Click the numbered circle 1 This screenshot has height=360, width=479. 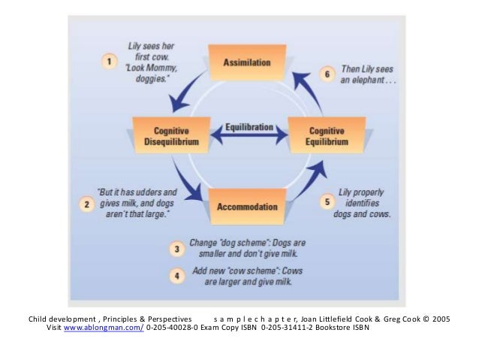pos(108,59)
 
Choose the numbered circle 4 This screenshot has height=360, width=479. pos(175,275)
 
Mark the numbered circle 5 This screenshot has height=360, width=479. pos(326,201)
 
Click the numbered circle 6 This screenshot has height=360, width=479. pos(326,73)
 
